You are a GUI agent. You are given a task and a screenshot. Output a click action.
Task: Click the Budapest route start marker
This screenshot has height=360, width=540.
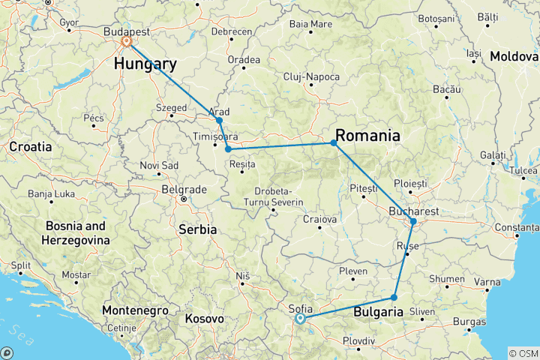127,42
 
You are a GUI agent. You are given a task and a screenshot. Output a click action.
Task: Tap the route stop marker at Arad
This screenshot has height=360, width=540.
219,120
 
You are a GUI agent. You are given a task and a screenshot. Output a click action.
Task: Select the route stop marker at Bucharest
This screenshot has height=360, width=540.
413,221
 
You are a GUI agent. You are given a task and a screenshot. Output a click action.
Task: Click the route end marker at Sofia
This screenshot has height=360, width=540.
300,319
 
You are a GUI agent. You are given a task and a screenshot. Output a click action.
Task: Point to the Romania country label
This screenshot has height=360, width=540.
367,136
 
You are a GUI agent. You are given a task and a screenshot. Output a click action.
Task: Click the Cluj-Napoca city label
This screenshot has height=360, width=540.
311,77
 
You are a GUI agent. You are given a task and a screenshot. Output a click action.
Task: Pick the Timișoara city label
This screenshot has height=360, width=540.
216,137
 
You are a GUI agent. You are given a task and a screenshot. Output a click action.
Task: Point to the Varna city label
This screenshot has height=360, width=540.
487,283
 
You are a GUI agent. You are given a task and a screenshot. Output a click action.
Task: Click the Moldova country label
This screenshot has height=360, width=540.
514,56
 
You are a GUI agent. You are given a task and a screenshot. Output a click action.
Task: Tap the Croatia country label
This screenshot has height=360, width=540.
30,147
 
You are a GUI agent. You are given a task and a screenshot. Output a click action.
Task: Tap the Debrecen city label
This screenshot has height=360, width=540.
232,31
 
